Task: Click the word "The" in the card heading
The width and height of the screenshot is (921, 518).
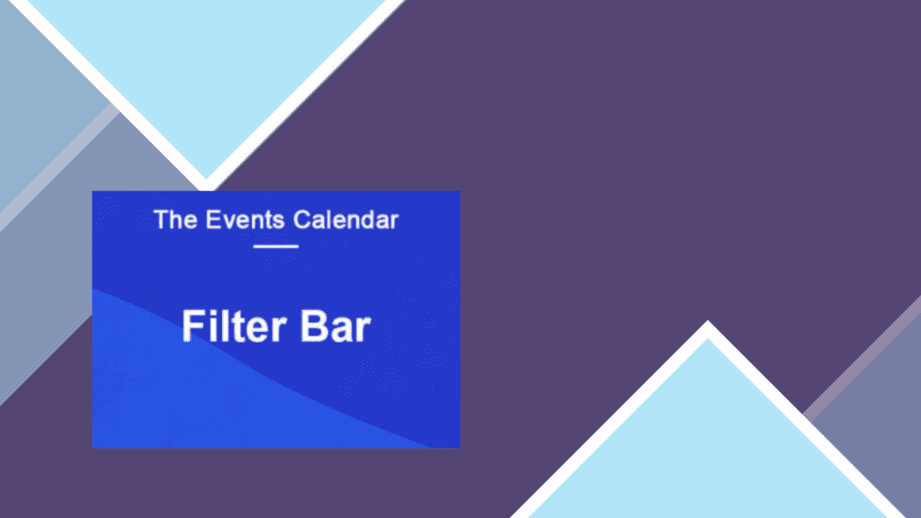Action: [175, 219]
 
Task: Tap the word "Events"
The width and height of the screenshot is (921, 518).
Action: [245, 219]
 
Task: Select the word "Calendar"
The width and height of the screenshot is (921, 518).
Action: [346, 219]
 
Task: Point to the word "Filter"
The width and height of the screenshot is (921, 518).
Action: [235, 326]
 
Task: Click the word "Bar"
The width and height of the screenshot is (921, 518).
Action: [336, 326]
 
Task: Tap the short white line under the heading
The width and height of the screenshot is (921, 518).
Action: [276, 246]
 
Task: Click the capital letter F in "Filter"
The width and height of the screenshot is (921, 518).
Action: [192, 326]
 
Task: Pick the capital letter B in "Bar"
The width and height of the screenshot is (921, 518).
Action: [314, 326]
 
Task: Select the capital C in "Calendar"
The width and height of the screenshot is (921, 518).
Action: [302, 219]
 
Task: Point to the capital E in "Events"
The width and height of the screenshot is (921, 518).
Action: [212, 219]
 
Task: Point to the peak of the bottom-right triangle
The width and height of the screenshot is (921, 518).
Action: [708, 321]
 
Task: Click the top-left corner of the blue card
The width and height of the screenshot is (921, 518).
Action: [93, 191]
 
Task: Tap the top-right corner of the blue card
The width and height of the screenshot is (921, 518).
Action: [460, 191]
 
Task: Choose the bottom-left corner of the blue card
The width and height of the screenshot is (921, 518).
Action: [93, 448]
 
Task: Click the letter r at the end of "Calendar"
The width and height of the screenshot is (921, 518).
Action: [395, 222]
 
